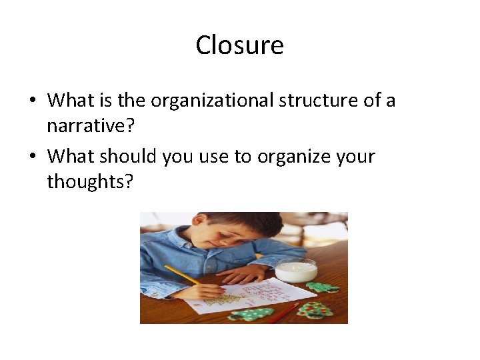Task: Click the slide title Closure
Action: (x=239, y=45)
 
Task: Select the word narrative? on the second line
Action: (x=87, y=125)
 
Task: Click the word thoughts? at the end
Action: (x=90, y=181)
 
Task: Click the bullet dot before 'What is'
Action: (x=32, y=101)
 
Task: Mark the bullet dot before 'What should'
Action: (x=32, y=157)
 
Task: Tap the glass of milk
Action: (x=296, y=270)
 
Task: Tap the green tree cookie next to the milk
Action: (x=323, y=287)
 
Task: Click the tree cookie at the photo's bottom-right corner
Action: (x=315, y=310)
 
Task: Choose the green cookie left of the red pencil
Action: (x=250, y=313)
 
